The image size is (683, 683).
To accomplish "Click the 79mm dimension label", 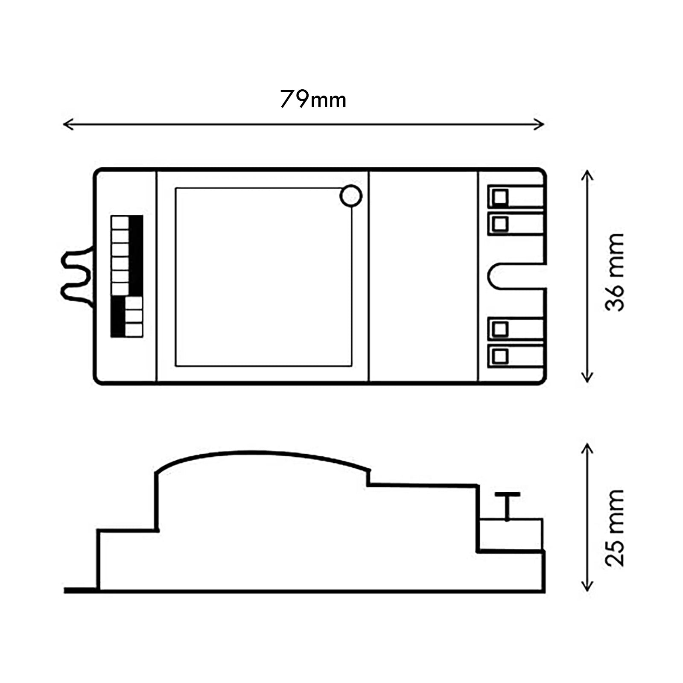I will coord(313,100).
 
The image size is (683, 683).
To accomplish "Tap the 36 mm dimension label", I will coord(615,272).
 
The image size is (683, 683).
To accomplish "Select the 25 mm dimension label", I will coord(615,528).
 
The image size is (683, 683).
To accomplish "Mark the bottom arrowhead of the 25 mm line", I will coord(588,588).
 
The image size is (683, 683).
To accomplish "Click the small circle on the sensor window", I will coord(351,196).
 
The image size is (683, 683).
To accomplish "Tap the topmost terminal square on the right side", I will coord(500,197).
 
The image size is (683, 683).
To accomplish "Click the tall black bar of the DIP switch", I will coord(136,255).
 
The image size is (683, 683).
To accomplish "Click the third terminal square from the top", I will coord(500,329).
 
